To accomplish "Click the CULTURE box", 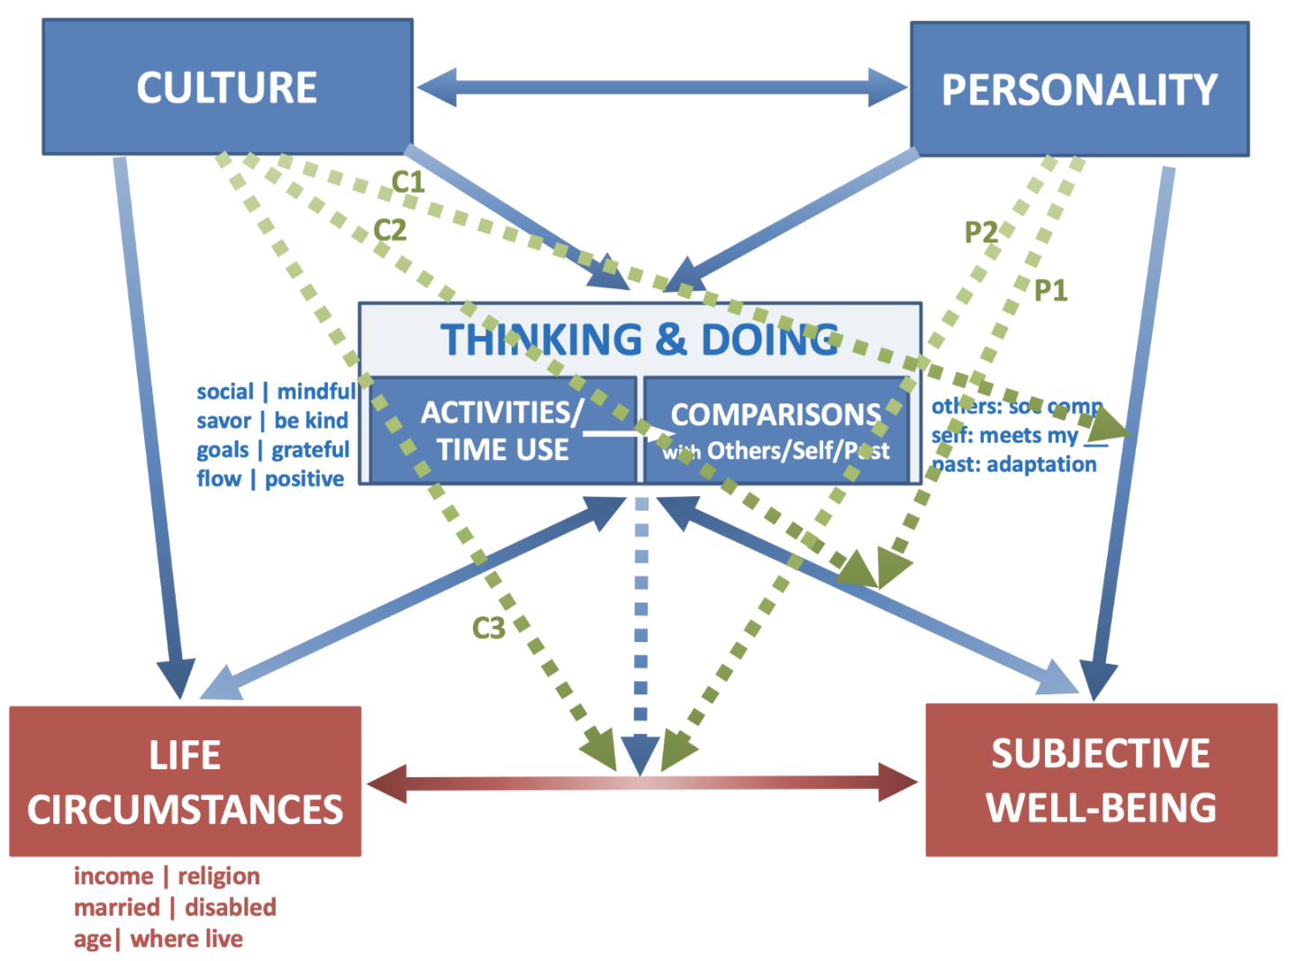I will point(227,87).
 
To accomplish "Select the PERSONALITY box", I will point(1079,89).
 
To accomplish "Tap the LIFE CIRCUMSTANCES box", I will point(185,782).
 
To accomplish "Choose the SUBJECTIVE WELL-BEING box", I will point(1101,780).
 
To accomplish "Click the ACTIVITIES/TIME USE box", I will point(503,431).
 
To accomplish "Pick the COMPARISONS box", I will point(776,431).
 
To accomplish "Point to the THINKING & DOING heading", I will point(640,340).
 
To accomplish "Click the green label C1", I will point(408,182).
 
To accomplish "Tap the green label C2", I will point(390,231).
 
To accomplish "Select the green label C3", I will point(489,628).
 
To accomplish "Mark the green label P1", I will point(1050,290).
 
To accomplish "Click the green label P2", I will point(981,232).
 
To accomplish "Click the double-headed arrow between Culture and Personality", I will point(662,87).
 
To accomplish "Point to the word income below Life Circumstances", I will point(113,875).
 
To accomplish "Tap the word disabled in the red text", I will point(231,907).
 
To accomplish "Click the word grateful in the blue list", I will point(311,449).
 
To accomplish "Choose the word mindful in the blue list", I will point(316,392).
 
